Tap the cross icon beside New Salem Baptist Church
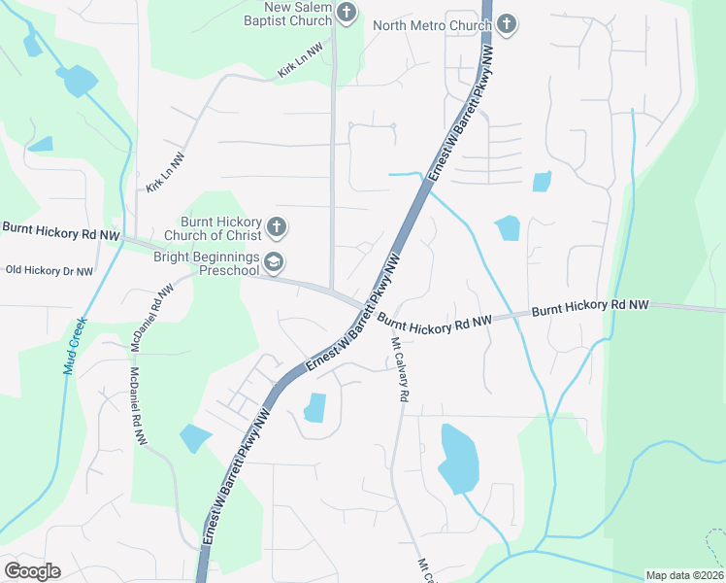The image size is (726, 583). tap(348, 13)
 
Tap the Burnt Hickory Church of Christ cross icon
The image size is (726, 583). tap(276, 227)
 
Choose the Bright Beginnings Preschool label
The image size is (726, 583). tap(206, 263)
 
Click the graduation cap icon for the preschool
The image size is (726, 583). tap(275, 261)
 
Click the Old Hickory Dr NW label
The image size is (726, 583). tap(49, 271)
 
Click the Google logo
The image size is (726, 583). tap(32, 570)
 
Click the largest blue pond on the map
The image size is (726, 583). tap(458, 457)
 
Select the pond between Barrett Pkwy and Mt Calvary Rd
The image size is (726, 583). tap(315, 407)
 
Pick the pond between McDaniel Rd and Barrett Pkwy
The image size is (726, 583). tap(195, 438)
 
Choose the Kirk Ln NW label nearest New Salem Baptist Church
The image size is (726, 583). tap(300, 60)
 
